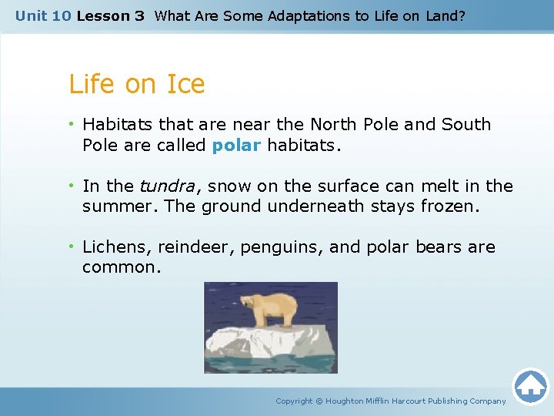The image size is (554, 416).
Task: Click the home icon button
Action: (530, 386)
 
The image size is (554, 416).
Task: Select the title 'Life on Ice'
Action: (137, 84)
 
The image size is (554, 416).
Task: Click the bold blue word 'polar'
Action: (237, 145)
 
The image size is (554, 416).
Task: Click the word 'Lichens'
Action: (117, 247)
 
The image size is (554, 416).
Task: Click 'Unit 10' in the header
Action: (43, 15)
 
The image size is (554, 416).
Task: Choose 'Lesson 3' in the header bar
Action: (110, 15)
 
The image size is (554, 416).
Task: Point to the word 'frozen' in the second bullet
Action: (449, 206)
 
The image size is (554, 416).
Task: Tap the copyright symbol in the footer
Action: (319, 401)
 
